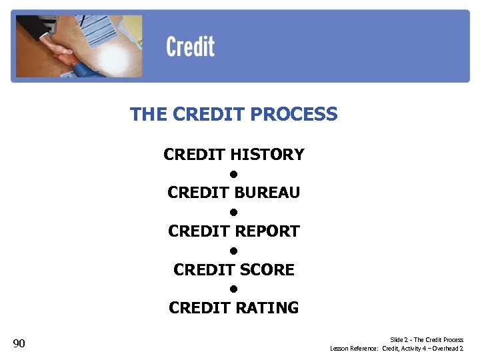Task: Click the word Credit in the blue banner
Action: (190, 47)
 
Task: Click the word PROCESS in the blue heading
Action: (301, 115)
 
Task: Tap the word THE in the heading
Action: (148, 115)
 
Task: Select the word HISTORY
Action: (267, 155)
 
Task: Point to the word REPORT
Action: (268, 231)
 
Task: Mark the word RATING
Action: (268, 308)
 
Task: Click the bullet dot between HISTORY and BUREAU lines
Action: (234, 175)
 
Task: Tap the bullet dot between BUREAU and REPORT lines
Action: (234, 213)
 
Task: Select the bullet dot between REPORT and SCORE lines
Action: (234, 251)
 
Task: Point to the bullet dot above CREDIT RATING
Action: (234, 289)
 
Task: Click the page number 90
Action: (19, 344)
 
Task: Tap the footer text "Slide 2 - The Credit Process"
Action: (427, 340)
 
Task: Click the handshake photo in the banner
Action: (77, 47)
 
